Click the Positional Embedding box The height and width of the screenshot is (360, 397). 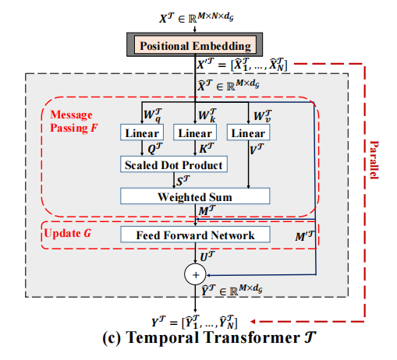click(x=194, y=46)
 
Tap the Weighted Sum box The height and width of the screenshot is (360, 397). click(x=193, y=196)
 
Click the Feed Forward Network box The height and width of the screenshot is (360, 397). click(x=194, y=234)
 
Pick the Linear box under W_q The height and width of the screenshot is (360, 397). click(x=141, y=133)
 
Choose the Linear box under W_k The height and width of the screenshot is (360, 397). click(x=195, y=133)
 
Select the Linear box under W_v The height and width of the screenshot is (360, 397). click(x=248, y=133)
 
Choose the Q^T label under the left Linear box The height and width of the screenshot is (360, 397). click(x=152, y=150)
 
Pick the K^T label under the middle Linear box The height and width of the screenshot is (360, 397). click(x=205, y=150)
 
